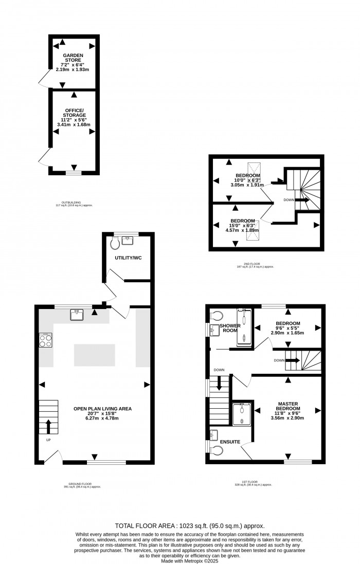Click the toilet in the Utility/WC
[115, 242]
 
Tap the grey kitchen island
[95, 355]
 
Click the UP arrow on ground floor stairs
[48, 427]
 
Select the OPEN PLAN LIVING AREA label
[102, 409]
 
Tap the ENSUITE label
[230, 441]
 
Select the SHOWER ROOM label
[228, 328]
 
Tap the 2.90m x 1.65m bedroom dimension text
[287, 333]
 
